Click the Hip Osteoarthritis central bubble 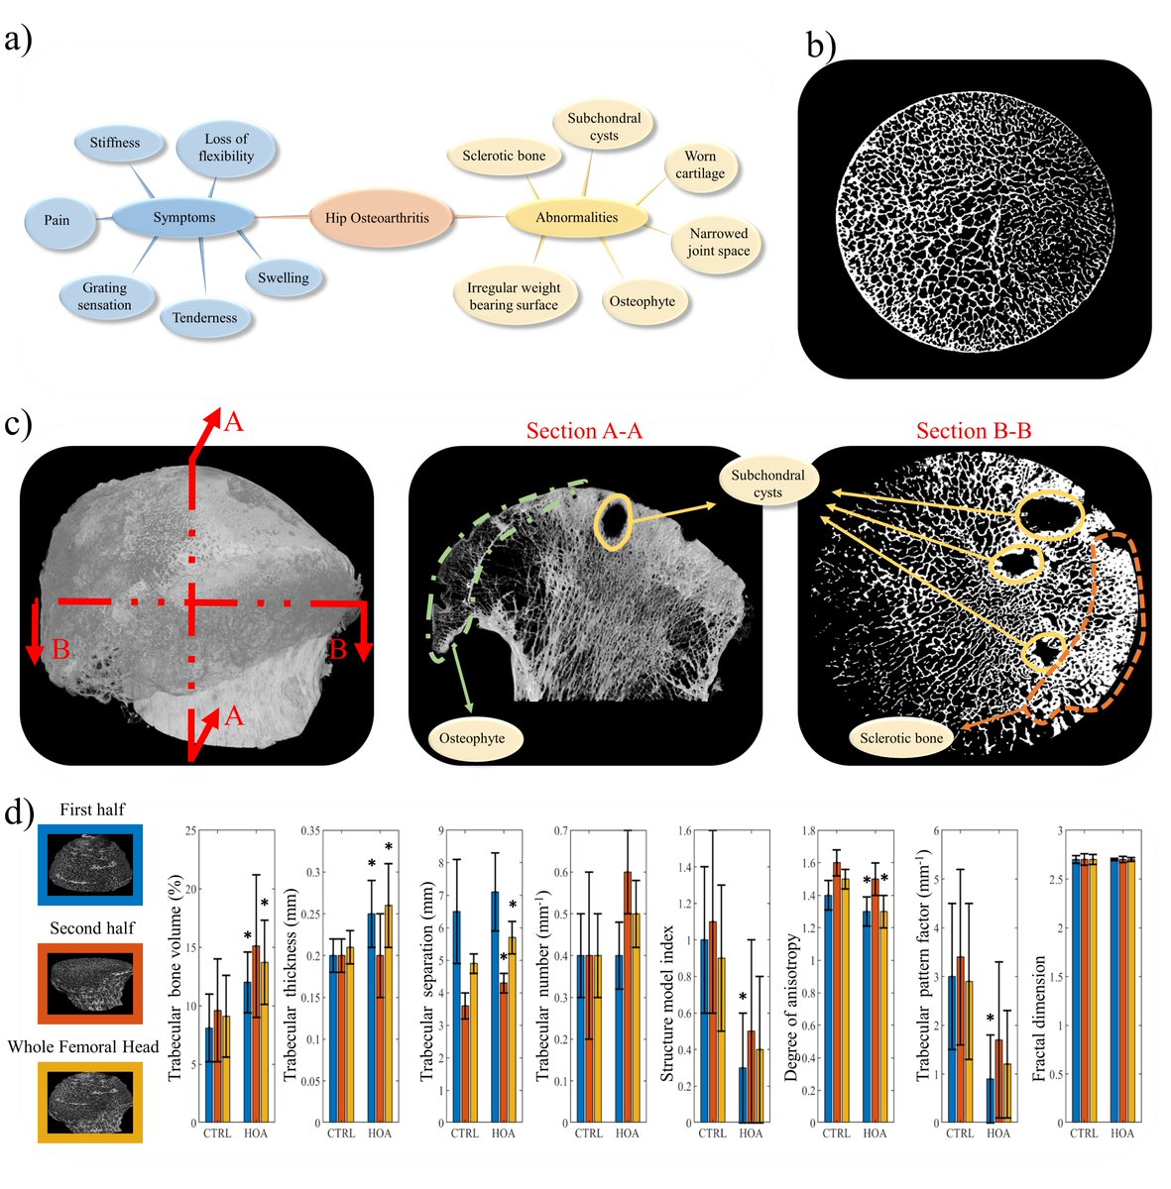(x=377, y=217)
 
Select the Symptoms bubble (x=183, y=217)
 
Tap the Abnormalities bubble (x=576, y=217)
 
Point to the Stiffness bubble (x=115, y=143)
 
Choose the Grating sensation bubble (x=105, y=296)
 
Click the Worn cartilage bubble (x=700, y=164)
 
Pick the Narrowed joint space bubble (x=719, y=242)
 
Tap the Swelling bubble (x=284, y=277)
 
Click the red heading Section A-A (x=584, y=430)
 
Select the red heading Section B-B (x=974, y=430)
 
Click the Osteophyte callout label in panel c (x=472, y=738)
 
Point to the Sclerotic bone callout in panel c (x=901, y=738)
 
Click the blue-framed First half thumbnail (x=91, y=864)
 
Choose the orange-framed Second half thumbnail (x=91, y=982)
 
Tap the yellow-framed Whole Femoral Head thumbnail (x=91, y=1101)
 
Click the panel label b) (x=821, y=44)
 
